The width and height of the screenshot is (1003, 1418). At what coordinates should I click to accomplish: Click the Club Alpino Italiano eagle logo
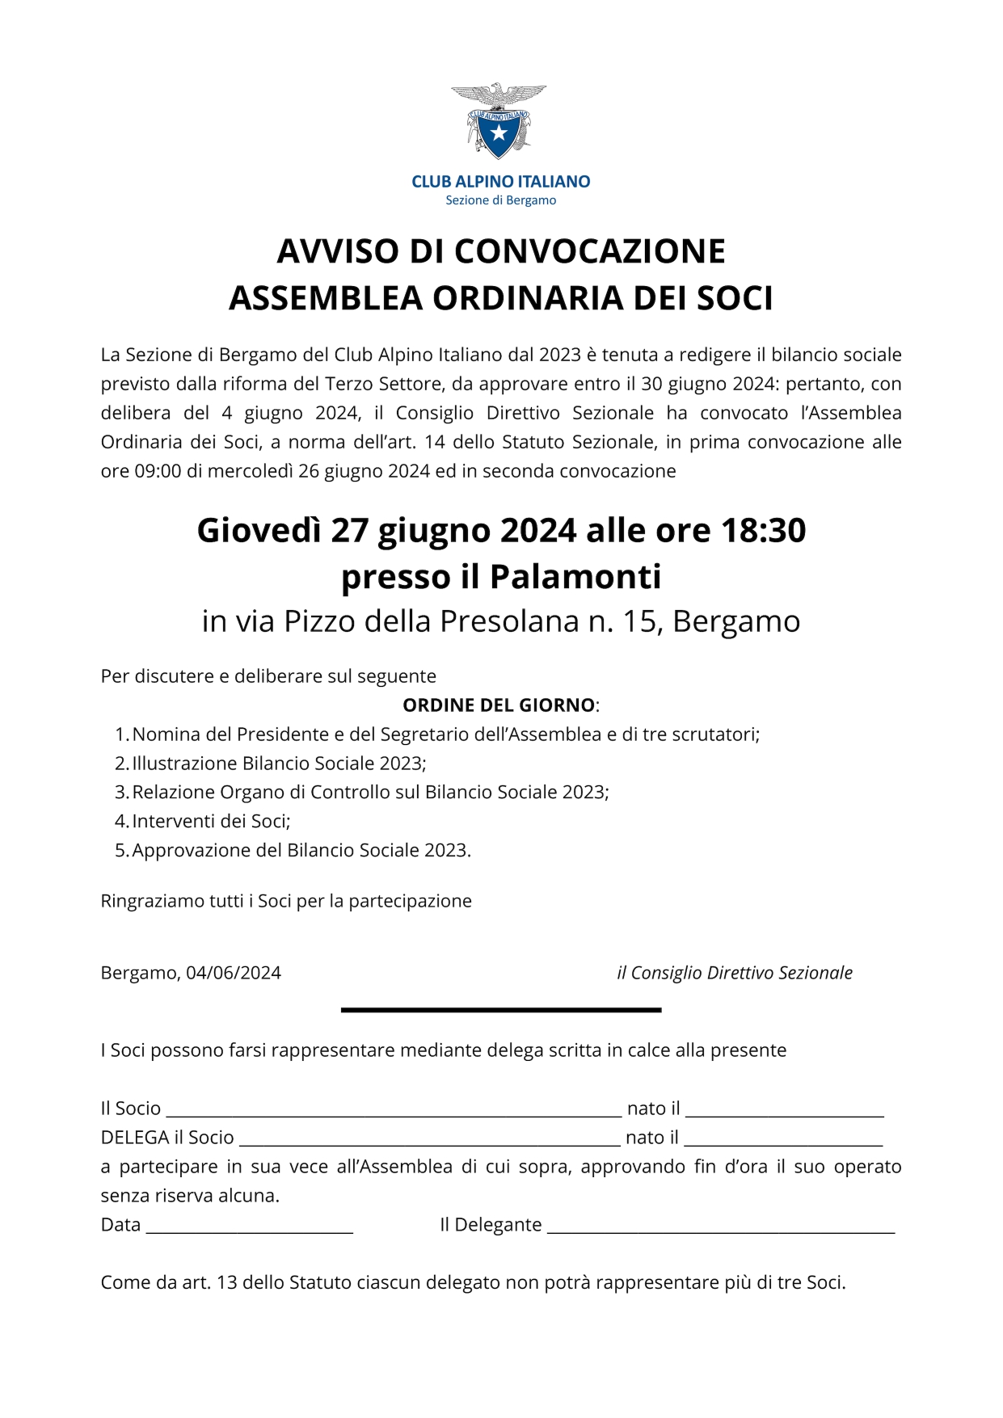point(499,120)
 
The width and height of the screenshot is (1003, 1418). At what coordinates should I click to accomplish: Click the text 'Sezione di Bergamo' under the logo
point(500,200)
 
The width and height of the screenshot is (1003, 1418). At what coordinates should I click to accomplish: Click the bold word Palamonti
point(575,577)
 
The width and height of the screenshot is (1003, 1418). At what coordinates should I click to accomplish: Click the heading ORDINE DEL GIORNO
point(499,705)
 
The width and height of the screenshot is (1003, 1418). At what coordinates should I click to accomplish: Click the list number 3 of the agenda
point(121,793)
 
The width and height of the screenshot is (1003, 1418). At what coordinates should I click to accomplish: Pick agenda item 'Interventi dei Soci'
point(210,822)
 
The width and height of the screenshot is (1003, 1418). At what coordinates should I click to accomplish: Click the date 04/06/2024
point(234,973)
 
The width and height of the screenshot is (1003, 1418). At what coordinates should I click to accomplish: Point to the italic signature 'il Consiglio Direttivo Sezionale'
point(734,973)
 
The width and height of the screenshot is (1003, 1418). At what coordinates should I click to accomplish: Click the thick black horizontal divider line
point(501,1010)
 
